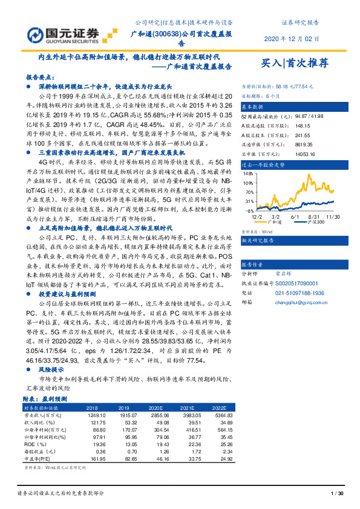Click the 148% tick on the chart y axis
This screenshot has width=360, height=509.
(x=247, y=172)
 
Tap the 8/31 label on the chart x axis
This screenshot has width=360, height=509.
(x=314, y=216)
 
